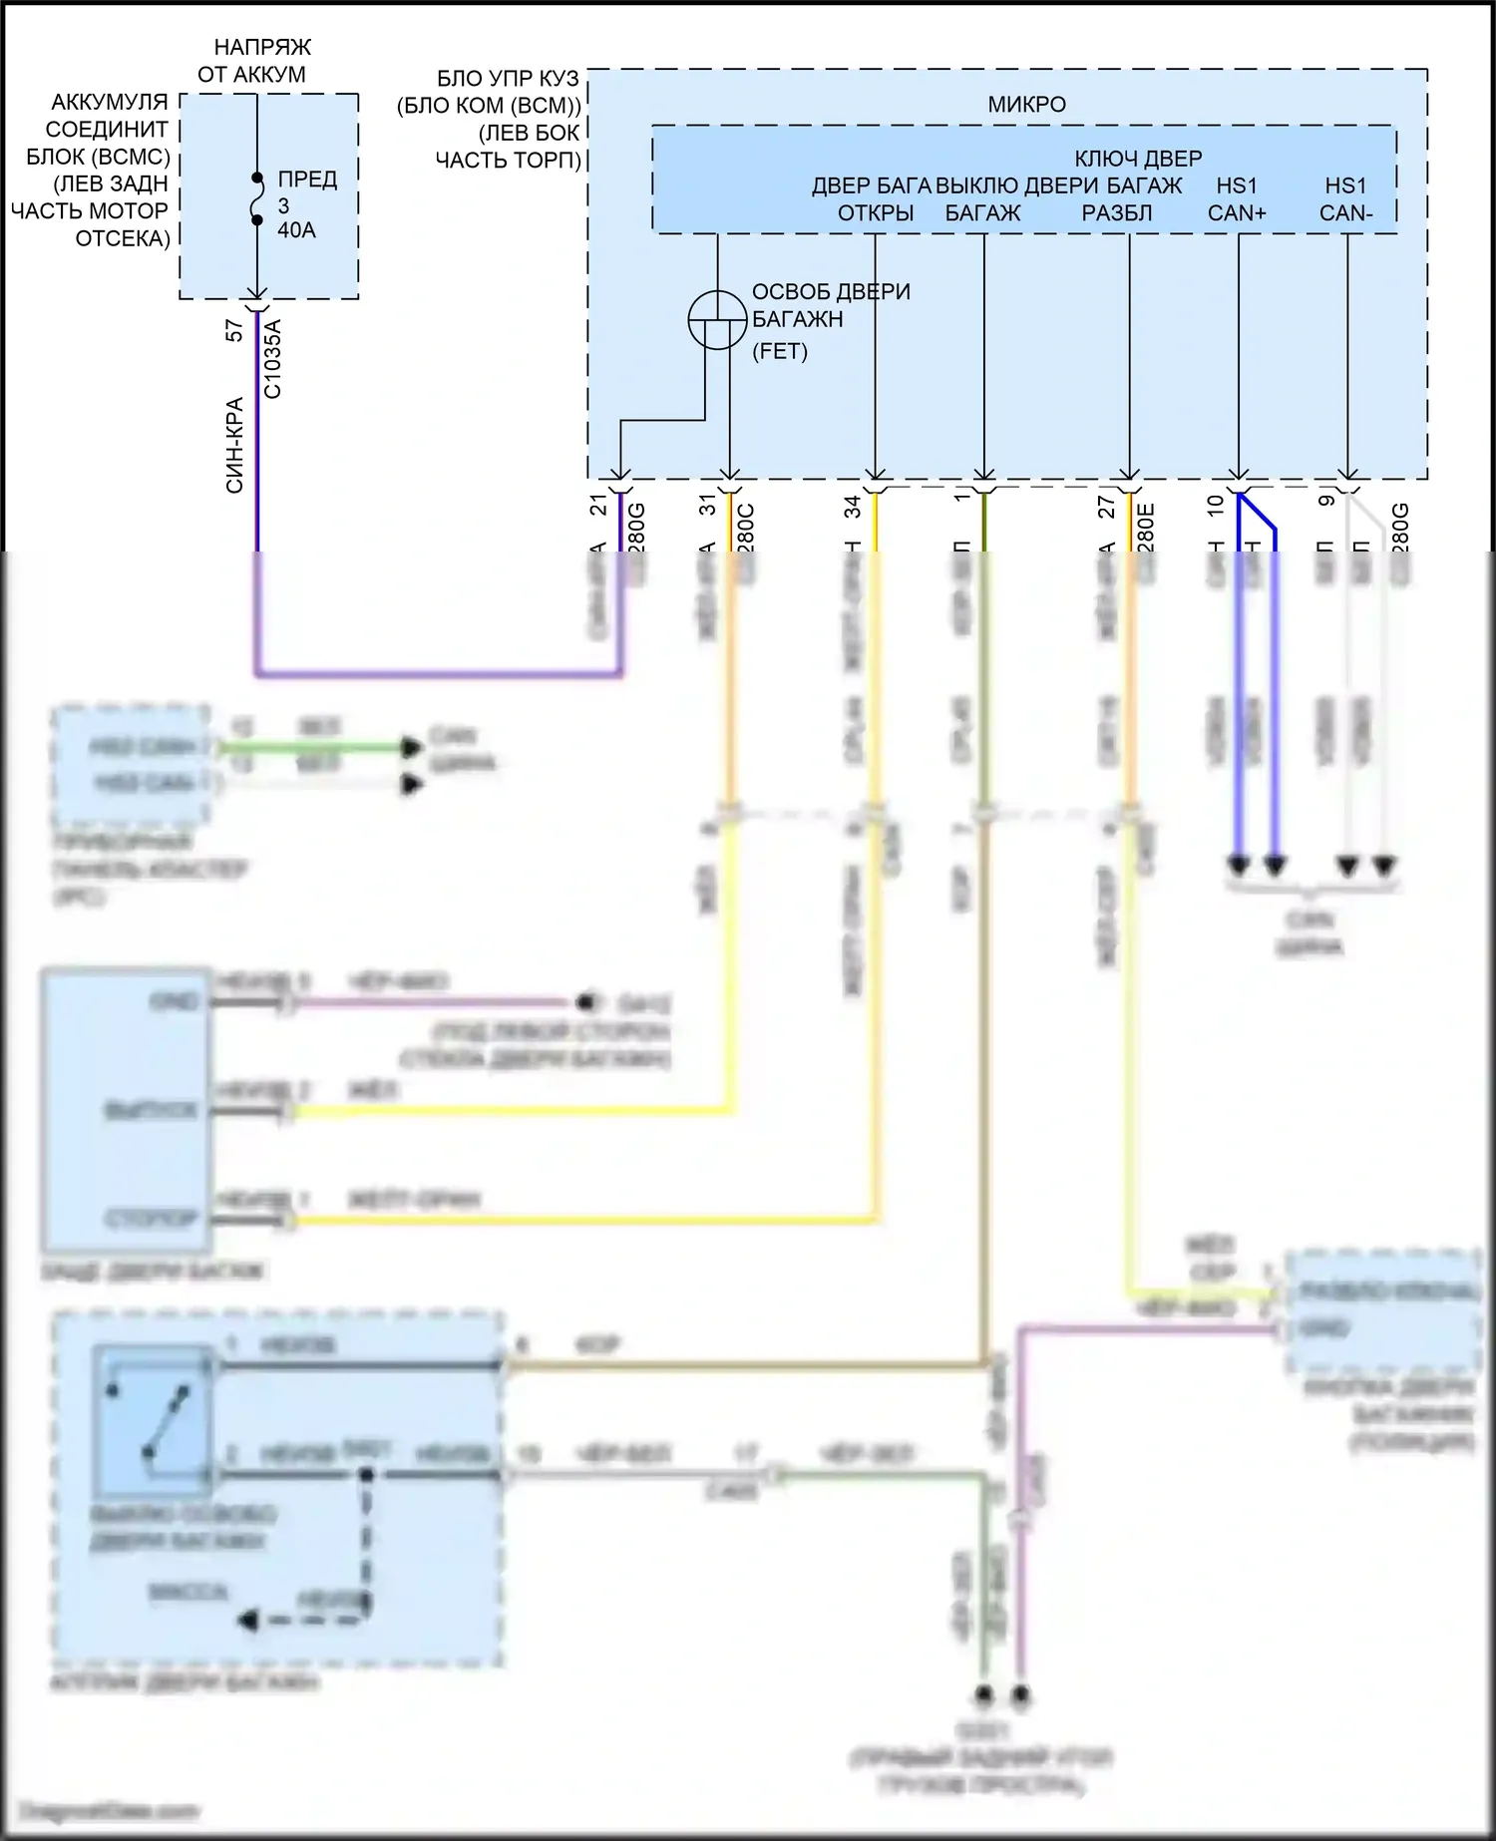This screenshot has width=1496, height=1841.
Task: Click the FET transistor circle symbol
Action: click(x=717, y=320)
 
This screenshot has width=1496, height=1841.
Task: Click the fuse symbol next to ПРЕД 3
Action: click(x=257, y=197)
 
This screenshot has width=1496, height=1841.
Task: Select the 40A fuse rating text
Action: click(x=297, y=230)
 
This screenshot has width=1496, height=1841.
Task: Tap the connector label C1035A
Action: click(x=272, y=359)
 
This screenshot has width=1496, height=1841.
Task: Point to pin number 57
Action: click(x=234, y=330)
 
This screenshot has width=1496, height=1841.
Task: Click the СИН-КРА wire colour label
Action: click(x=234, y=445)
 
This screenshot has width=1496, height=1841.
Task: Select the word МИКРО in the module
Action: click(x=1026, y=105)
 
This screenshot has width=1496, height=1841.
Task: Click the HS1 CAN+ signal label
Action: click(x=1237, y=199)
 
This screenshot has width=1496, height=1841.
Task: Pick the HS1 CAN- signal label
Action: click(x=1345, y=199)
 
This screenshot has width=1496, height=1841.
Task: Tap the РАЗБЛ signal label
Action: click(x=1117, y=213)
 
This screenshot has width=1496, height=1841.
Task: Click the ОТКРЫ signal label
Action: click(x=876, y=213)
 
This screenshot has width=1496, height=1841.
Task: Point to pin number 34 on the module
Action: click(x=853, y=508)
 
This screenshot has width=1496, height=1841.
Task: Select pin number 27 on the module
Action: click(x=1107, y=508)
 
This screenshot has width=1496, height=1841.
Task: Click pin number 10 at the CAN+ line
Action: click(x=1216, y=506)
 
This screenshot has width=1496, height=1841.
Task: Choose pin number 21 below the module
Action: click(x=598, y=506)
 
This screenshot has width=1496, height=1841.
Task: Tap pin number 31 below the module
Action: click(x=708, y=506)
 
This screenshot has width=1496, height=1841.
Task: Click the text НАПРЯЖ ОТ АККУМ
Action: click(x=255, y=61)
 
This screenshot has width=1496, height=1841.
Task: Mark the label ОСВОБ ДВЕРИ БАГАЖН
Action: click(x=830, y=305)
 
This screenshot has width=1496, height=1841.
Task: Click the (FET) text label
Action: click(x=780, y=351)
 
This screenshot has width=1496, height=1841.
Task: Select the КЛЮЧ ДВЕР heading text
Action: click(x=1138, y=159)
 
